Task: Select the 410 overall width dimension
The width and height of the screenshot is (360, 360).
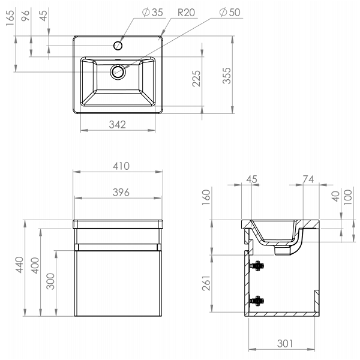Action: click(x=118, y=166)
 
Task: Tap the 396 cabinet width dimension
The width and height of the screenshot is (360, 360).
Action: click(x=118, y=191)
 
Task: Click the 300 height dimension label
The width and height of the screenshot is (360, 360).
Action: click(x=50, y=281)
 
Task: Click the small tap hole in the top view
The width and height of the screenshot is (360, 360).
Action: click(x=119, y=46)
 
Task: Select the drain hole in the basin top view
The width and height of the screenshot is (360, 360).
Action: click(x=118, y=72)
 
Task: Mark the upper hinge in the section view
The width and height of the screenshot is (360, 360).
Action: click(x=258, y=265)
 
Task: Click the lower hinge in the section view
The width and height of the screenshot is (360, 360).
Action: click(x=258, y=301)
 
